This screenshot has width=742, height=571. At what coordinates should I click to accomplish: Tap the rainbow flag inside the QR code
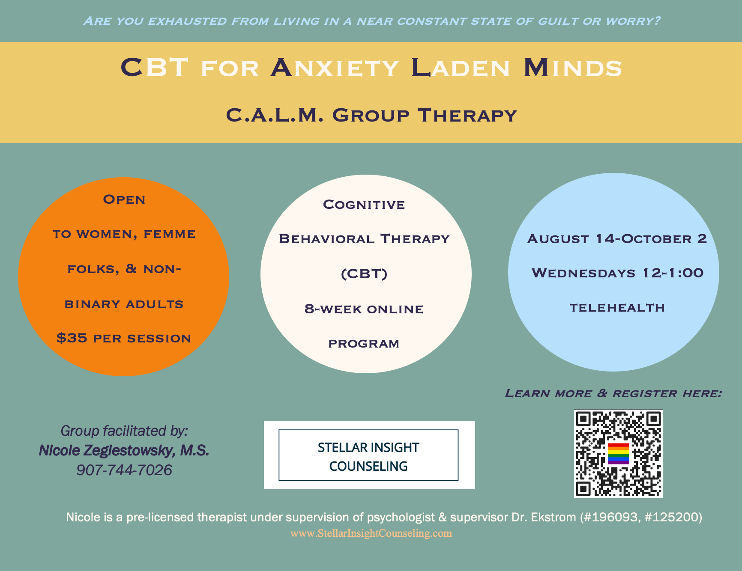618,454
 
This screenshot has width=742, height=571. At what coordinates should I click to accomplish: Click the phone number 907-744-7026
124,470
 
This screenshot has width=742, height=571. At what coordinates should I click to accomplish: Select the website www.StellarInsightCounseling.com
371,533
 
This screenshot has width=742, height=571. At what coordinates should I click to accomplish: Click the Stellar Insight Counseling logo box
368,455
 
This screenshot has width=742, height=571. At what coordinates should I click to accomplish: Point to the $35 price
72,338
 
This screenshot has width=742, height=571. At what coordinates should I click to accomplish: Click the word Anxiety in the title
335,68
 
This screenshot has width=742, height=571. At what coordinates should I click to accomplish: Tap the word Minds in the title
572,68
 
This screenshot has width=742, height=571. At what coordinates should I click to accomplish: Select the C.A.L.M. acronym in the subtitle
274,115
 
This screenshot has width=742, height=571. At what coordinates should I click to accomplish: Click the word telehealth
617,308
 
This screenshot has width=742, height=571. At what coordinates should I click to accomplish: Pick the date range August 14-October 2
617,239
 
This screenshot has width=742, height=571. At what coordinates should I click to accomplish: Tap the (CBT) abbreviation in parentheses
364,274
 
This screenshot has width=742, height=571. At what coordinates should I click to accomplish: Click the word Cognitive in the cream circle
364,205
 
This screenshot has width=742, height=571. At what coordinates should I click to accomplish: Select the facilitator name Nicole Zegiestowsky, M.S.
124,450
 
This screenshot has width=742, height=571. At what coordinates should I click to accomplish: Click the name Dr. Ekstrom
544,517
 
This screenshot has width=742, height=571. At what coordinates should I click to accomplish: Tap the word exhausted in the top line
187,21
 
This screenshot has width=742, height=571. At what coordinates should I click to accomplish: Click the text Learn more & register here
613,393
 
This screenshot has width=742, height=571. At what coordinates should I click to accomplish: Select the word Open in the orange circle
124,200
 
